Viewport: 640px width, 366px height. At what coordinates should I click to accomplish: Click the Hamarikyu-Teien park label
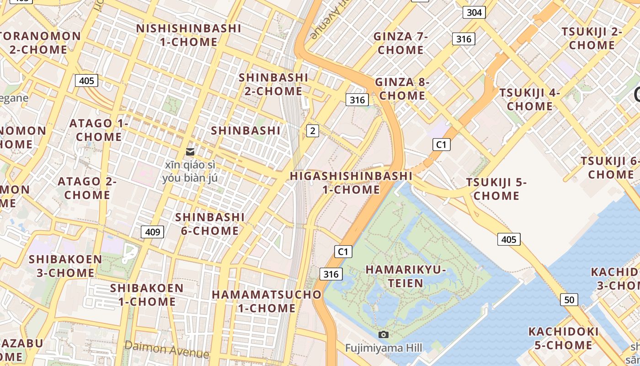coord(405,276)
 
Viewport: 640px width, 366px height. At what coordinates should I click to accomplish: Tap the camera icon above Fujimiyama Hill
coord(384,335)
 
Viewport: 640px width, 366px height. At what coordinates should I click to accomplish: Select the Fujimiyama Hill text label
coord(384,348)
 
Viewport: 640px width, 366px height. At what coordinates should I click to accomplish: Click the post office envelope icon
coord(190,151)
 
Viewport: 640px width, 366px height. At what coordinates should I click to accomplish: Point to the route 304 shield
coord(474,12)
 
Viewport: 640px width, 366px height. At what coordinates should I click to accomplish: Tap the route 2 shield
coord(312,131)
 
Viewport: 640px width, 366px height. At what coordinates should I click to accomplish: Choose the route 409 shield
coord(152,232)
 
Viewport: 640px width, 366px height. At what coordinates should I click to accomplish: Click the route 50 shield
coord(569,300)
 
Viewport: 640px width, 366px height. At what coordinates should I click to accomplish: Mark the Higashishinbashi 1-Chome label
coord(351,183)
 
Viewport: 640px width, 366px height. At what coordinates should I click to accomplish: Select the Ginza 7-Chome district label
coord(401,43)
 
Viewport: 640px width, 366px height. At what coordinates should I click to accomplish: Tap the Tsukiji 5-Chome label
coord(496,189)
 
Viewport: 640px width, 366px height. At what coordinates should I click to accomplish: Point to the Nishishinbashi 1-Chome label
coord(189,35)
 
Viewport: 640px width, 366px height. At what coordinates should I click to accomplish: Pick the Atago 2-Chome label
coord(87,188)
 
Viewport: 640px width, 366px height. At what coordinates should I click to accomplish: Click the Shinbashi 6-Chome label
coord(210,224)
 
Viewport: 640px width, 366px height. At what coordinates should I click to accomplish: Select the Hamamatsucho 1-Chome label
coord(267,301)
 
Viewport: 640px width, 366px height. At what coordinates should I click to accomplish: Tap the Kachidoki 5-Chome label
coord(563,338)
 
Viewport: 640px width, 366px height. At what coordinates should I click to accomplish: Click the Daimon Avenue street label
coord(166,350)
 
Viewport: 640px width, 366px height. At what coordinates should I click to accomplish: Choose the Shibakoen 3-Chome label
coord(66,266)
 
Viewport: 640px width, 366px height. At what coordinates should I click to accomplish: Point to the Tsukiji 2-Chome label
coord(592,38)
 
